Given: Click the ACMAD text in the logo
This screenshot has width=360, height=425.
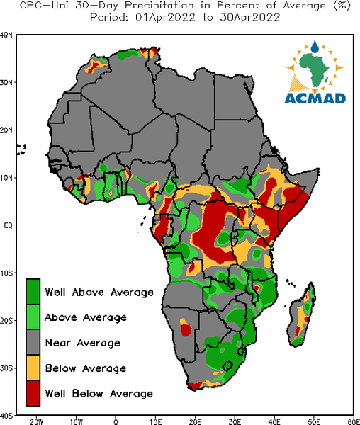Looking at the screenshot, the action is point(315,98).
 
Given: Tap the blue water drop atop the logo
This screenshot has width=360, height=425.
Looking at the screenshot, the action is point(315,47).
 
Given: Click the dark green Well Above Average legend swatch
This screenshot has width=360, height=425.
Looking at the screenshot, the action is point(33,292).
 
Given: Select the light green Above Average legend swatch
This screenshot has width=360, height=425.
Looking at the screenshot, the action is point(33,317).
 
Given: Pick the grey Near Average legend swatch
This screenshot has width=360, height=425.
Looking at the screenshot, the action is point(33,342).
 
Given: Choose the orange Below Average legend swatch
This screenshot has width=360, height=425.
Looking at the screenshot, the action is point(33,368).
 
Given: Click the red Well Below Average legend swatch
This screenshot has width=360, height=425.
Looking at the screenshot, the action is point(33,393).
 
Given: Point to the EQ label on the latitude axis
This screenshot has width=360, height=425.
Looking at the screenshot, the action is point(8,225).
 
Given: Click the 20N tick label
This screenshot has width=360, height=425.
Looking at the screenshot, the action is point(6,130).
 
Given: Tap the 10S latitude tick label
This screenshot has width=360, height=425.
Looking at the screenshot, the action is point(6,273).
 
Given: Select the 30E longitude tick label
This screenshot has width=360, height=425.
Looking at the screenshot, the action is point(235,421).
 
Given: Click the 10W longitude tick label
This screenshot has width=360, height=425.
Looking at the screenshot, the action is point(76,421).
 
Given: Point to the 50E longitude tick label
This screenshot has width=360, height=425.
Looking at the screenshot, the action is point(314,421).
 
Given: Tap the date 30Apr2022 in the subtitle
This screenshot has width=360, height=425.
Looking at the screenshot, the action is point(249,18).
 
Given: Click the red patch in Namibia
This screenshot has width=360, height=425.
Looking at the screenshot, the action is point(186,329).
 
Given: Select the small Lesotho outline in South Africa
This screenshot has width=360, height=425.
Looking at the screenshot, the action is point(227,365).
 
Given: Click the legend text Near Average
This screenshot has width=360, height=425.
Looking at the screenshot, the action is point(82,343).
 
